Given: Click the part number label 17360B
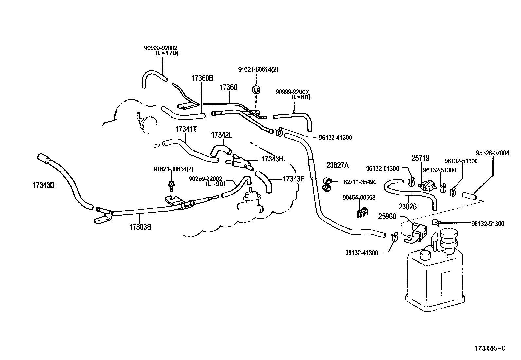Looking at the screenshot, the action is click(x=202, y=78).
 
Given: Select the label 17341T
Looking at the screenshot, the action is click(x=186, y=129).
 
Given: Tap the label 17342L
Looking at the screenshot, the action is click(x=222, y=135).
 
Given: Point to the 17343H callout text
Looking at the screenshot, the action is click(x=273, y=159).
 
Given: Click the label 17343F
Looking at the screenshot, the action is click(x=294, y=179).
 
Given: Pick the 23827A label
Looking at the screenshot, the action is click(x=337, y=165).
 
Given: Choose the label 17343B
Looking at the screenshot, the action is click(x=44, y=185).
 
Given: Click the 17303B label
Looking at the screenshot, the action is click(x=140, y=227).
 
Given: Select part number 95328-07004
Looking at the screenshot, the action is click(x=493, y=153).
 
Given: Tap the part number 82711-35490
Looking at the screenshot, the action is click(x=360, y=182).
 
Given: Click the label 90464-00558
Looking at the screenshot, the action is click(x=359, y=198).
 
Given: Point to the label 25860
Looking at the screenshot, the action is click(x=387, y=217).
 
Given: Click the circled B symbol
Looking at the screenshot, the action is click(x=256, y=90).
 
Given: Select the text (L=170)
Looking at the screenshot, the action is click(x=167, y=53).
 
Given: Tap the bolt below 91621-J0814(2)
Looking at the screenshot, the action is click(x=171, y=185).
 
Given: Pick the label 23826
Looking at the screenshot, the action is click(x=407, y=207).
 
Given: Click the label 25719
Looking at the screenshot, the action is click(x=420, y=158).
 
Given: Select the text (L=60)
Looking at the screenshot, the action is click(x=301, y=97).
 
